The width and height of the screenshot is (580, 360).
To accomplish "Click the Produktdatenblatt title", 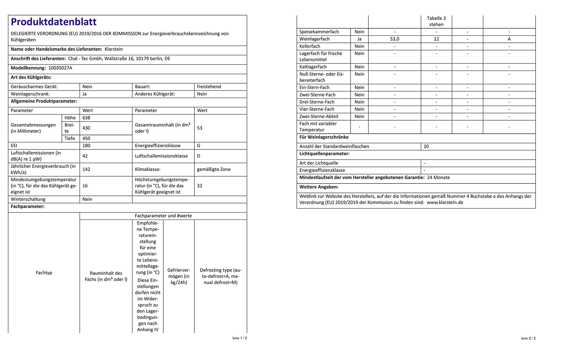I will [x=53, y=22].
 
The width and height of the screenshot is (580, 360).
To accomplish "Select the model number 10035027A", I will [x=60, y=68].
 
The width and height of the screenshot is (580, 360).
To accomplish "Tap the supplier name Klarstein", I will [x=114, y=49].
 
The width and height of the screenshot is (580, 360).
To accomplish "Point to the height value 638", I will [x=86, y=118].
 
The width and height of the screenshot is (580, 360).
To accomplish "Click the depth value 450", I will [x=86, y=138].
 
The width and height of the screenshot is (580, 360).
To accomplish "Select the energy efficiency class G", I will [x=198, y=146].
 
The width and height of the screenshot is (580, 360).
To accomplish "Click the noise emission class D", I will [x=198, y=156].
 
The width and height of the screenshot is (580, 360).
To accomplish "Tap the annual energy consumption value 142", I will [x=86, y=169].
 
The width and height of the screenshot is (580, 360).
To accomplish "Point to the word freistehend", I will [x=209, y=87].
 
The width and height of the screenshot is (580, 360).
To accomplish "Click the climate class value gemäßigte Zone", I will [x=214, y=169].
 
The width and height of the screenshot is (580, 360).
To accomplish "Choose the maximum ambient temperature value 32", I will [x=199, y=186].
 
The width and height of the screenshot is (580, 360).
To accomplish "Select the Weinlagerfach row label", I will [x=314, y=39].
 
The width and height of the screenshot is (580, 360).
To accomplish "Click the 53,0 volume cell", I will [x=394, y=39].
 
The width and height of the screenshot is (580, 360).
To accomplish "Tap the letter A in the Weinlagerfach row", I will [x=509, y=39].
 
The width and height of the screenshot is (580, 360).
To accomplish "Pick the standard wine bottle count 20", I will [x=426, y=147].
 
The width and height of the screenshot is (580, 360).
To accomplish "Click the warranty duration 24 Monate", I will [x=438, y=177].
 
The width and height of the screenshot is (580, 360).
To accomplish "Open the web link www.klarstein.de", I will [x=445, y=203].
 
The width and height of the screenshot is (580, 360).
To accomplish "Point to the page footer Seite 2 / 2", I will [x=528, y=338].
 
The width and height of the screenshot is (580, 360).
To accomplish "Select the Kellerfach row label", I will [x=310, y=46].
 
